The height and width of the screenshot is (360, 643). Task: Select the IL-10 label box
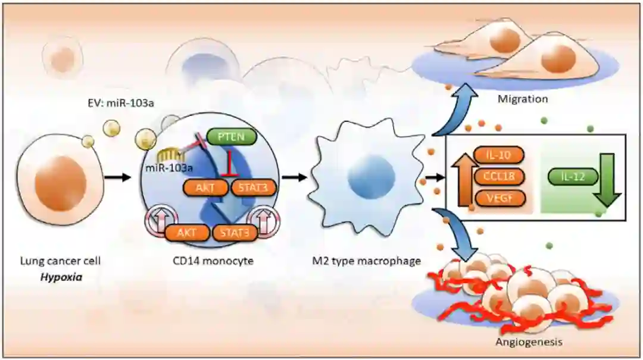(x=499, y=156)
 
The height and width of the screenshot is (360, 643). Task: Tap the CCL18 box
(x=499, y=177)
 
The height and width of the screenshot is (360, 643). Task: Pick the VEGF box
(x=499, y=198)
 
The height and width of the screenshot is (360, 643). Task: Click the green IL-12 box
(x=566, y=177)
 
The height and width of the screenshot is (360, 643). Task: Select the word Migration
(x=522, y=98)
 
